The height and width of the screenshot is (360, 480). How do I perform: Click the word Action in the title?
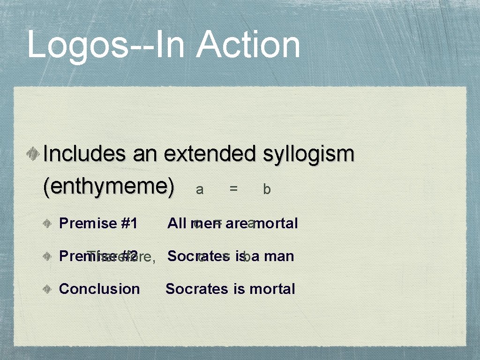[x=248, y=45]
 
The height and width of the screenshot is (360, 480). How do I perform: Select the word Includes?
[x=85, y=154]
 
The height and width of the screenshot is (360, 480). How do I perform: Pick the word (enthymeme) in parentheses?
[x=108, y=187]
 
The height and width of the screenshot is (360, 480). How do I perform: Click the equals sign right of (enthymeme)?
[x=233, y=189]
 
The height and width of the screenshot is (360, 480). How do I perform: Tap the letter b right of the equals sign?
[x=267, y=189]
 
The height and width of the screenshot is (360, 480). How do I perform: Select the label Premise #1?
[x=98, y=224]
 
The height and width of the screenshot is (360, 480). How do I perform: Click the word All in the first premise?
[x=177, y=224]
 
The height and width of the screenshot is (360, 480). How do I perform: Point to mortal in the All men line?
[x=277, y=224]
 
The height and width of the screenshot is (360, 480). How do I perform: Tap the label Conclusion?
[x=99, y=289]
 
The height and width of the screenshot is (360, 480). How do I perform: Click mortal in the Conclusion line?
[x=272, y=289]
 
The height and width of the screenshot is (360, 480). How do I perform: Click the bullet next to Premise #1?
[x=49, y=224]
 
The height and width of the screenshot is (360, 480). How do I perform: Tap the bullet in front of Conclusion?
[x=49, y=289]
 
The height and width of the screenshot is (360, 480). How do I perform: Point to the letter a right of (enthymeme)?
[x=200, y=189]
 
